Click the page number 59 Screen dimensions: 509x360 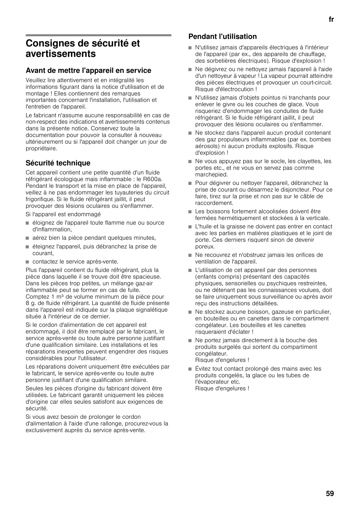[330, 493]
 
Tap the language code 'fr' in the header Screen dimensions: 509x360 [331, 20]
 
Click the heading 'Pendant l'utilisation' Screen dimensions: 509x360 [222, 37]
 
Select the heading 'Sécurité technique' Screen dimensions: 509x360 [58, 163]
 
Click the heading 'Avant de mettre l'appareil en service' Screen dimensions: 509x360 [88, 71]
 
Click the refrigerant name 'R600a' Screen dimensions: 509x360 [154, 179]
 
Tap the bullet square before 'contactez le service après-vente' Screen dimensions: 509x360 [27, 262]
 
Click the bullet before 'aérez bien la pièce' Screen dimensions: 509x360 [27, 238]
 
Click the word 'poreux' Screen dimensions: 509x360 [205, 247]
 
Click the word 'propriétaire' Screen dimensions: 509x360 [41, 149]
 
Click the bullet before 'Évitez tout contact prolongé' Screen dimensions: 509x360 [190, 369]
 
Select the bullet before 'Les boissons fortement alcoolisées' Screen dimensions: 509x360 [190, 212]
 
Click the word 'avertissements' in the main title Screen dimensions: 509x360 [61, 54]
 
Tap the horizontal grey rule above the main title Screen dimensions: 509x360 [98, 35]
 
